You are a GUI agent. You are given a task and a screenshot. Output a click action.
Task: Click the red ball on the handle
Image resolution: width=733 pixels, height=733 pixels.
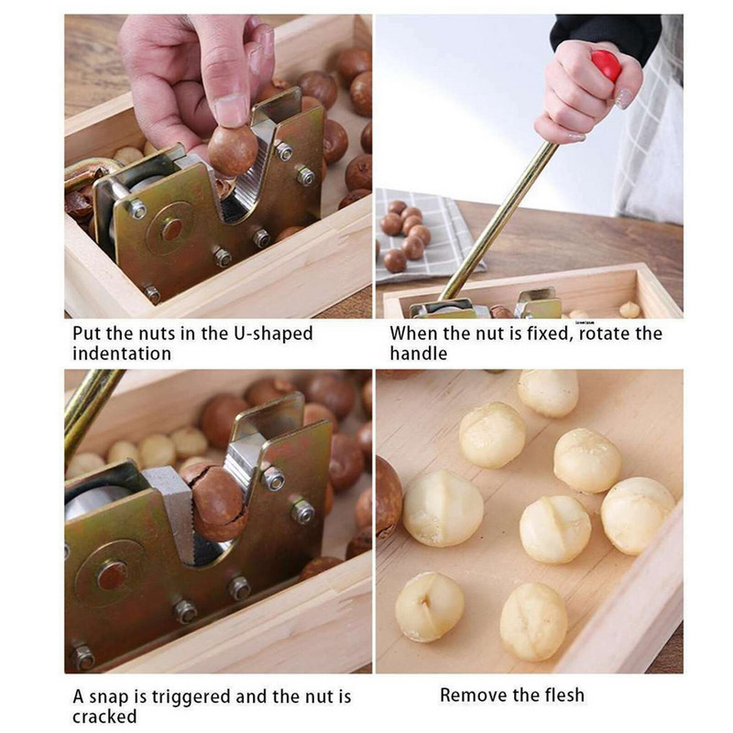click(606, 64)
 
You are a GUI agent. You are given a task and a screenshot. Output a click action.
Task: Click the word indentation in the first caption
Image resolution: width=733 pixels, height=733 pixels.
click(122, 354)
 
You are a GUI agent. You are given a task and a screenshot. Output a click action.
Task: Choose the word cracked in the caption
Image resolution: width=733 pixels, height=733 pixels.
click(104, 717)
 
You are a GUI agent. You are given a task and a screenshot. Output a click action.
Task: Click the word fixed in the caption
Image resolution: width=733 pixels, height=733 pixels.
click(550, 334)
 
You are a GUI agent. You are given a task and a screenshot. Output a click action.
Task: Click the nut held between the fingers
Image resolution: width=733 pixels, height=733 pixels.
click(232, 149)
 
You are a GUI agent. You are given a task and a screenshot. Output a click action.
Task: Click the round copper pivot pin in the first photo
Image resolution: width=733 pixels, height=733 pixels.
click(171, 230)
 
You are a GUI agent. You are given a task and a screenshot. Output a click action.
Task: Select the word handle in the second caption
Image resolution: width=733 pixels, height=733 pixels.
click(419, 354)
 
